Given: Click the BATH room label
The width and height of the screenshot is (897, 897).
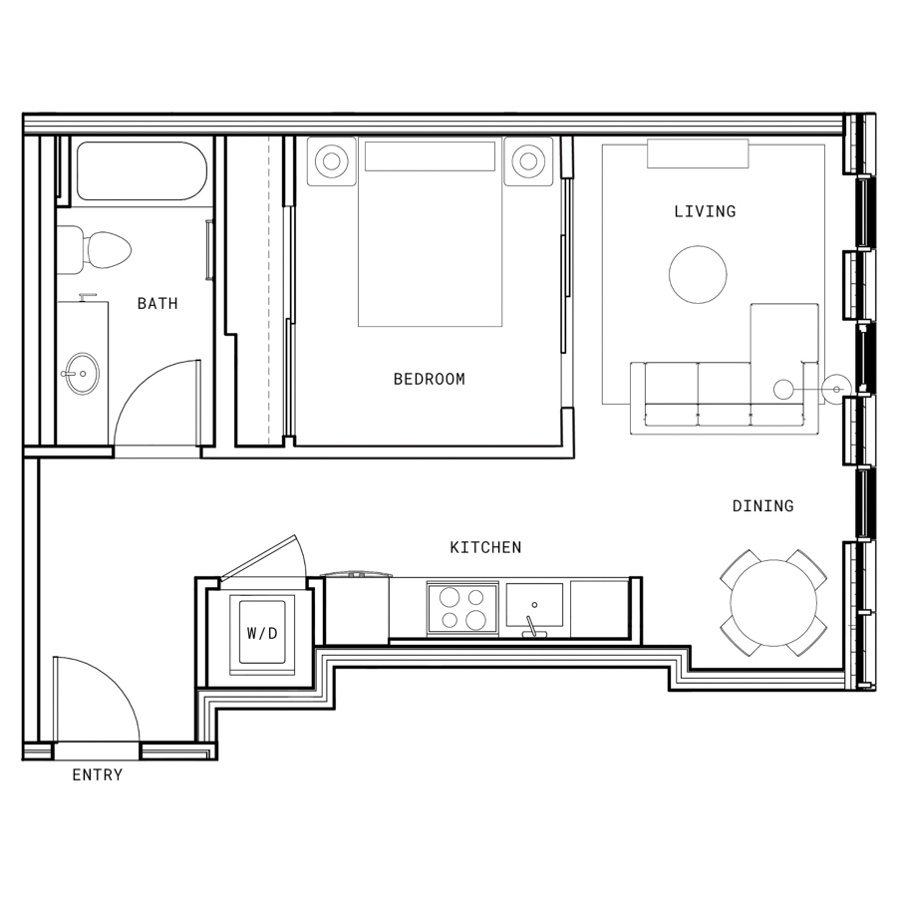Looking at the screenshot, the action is click(x=157, y=303).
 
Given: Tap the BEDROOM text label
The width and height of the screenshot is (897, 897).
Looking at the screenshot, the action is click(x=429, y=380).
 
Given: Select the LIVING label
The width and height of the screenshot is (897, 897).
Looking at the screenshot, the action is click(x=705, y=211).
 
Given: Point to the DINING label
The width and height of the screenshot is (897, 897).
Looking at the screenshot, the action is click(x=763, y=505).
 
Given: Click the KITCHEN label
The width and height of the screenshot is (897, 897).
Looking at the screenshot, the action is click(x=485, y=547).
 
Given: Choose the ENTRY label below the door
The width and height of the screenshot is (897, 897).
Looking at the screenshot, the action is click(x=98, y=774).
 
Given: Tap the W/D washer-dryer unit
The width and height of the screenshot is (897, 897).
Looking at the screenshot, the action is click(x=262, y=633).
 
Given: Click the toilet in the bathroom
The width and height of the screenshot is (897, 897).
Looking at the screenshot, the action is click(x=95, y=250).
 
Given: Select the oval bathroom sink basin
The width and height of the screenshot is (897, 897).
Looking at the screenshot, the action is click(x=82, y=374).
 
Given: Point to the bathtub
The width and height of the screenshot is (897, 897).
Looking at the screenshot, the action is click(x=138, y=170).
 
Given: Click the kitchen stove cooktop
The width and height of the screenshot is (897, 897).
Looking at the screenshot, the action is click(x=462, y=608).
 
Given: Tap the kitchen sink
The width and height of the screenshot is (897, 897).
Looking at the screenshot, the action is click(x=534, y=605).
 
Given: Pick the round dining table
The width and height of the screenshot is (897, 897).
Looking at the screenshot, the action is click(x=773, y=603).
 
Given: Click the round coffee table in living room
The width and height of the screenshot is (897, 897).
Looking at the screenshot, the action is click(x=698, y=275).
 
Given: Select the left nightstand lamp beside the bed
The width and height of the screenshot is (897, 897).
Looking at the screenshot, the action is click(x=331, y=160).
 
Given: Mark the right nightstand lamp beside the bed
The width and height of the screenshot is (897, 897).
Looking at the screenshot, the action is click(x=528, y=160).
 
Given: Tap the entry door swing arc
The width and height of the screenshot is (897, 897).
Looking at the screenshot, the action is click(x=115, y=681).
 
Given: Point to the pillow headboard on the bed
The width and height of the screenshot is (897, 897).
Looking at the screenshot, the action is click(x=431, y=156).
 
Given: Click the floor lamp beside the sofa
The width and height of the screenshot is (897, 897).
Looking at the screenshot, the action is click(x=836, y=390).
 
